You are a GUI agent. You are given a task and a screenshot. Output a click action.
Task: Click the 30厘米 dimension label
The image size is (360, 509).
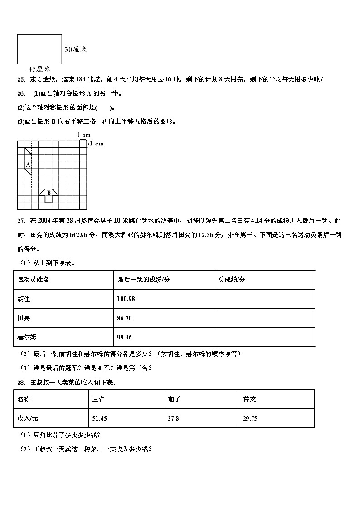point(75,50)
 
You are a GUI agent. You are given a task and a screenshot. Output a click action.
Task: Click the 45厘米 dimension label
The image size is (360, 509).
point(39,69)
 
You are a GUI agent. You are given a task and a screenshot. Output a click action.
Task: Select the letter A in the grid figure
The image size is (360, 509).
point(28,165)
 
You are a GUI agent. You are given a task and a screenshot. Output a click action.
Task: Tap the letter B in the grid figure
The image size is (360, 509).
point(49,193)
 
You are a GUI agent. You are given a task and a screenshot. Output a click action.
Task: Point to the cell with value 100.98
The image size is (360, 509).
point(126,299)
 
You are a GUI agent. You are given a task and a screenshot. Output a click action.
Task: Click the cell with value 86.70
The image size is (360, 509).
point(124,318)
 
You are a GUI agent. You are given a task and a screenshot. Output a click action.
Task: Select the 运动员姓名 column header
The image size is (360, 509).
point(33,280)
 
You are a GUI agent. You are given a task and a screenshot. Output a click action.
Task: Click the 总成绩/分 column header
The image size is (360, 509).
point(232,280)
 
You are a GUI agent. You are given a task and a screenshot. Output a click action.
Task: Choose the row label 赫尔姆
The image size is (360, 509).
point(27,337)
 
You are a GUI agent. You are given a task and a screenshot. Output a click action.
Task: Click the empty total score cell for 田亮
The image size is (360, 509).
point(264,318)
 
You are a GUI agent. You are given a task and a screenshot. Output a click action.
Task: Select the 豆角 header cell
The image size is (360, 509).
point(99,399)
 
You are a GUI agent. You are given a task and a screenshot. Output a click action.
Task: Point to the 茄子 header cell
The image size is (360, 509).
point(174,399)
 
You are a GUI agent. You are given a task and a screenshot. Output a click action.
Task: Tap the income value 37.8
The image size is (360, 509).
point(173,418)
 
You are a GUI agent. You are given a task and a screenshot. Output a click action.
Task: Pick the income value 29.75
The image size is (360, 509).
point(250,418)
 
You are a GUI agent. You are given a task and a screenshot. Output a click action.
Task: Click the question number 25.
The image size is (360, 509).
point(20,79)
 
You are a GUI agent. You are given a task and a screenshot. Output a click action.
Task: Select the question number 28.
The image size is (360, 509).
point(20,383)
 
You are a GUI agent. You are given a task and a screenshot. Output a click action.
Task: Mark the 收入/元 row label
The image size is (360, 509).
point(28,418)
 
